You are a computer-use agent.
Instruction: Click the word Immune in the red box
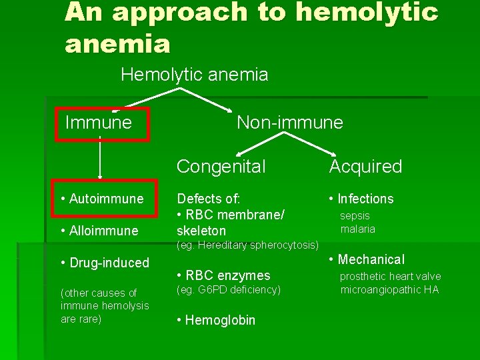pyautogui.click(x=99, y=123)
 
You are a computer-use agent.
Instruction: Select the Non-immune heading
pyautogui.click(x=290, y=123)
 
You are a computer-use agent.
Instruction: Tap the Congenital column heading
pyautogui.click(x=221, y=167)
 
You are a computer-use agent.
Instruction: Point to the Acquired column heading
pyautogui.click(x=366, y=167)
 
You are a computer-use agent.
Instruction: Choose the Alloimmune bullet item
pyautogui.click(x=99, y=231)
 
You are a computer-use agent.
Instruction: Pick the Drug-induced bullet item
pyautogui.click(x=105, y=263)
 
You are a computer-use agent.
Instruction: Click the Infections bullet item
pyautogui.click(x=362, y=199)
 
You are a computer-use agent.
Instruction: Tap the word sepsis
pyautogui.click(x=355, y=215)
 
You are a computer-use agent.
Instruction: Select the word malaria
pyautogui.click(x=358, y=229)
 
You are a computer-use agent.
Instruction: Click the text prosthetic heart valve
pyautogui.click(x=391, y=276)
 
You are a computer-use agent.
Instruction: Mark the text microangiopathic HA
pyautogui.click(x=390, y=289)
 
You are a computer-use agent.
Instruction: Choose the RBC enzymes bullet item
pyautogui.click(x=224, y=275)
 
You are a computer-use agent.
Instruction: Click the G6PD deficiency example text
pyautogui.click(x=229, y=289)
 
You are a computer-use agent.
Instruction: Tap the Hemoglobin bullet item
pyautogui.click(x=216, y=320)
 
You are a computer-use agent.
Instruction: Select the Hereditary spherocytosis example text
pyautogui.click(x=247, y=245)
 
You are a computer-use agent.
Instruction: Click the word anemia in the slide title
pyautogui.click(x=118, y=44)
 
